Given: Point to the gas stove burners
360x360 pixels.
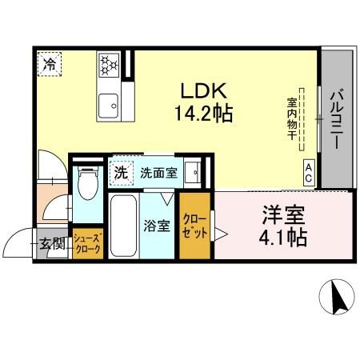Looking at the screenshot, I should (x=108, y=65).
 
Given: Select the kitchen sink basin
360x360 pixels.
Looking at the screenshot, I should (x=106, y=102).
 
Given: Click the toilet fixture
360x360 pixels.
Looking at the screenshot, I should (x=88, y=186).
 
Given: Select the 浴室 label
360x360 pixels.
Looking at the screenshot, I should (x=157, y=226).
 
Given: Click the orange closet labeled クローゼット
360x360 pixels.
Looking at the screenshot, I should (x=194, y=226).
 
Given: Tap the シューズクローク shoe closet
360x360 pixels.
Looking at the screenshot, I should (x=86, y=244).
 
